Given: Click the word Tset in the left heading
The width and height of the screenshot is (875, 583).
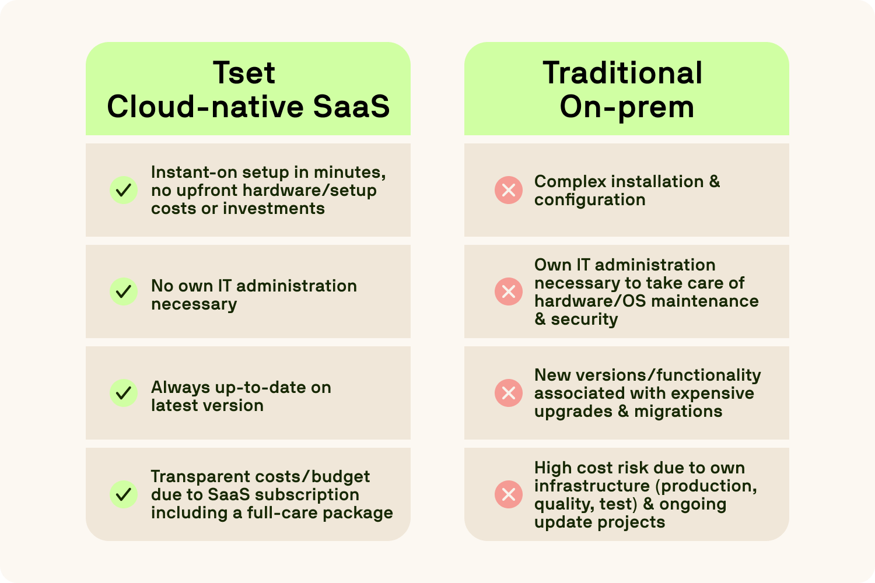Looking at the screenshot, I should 244,73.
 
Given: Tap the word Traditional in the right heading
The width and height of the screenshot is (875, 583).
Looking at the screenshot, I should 622,73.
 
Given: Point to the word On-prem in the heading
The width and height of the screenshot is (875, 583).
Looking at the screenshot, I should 626,107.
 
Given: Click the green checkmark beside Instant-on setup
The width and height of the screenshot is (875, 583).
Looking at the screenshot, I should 124,190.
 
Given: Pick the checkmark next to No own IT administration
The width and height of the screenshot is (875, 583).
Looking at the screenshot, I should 124,291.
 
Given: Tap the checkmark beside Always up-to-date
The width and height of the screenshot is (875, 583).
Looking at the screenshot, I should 124,393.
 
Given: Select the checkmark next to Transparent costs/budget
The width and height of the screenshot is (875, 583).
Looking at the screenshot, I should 124,494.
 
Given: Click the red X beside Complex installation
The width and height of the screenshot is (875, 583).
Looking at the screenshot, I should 509,190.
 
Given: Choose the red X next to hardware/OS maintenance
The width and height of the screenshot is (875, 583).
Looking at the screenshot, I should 509,291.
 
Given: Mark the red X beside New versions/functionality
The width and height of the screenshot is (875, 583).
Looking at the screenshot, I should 509,393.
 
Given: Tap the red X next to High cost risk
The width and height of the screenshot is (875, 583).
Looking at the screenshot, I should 509,494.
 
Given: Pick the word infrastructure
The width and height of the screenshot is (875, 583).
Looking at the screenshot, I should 591,486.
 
